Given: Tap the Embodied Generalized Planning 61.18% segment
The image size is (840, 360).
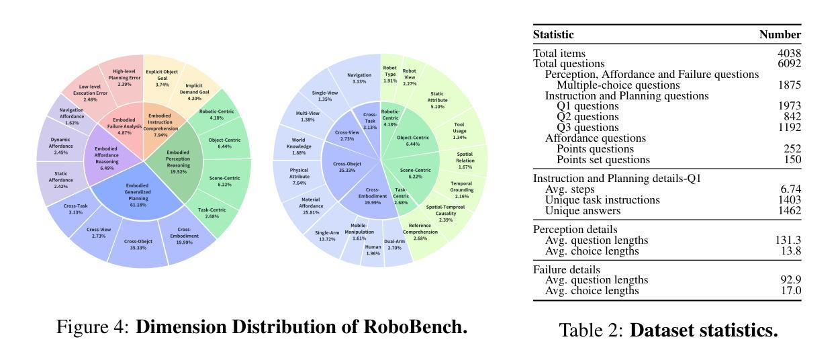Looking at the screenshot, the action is (x=138, y=195).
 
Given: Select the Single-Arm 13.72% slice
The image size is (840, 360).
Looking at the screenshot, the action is (x=327, y=236).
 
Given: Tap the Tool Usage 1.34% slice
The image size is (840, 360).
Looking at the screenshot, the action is (x=459, y=131).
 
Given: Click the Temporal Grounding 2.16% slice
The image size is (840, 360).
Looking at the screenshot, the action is (x=461, y=186).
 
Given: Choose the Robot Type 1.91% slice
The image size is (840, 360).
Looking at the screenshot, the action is (x=389, y=74).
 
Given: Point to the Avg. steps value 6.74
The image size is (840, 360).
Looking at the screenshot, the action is (x=790, y=189).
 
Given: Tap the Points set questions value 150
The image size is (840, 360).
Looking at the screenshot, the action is (x=792, y=160).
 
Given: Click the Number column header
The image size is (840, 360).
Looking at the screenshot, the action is (x=780, y=35).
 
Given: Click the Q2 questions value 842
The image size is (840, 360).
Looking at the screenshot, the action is (x=792, y=117).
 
